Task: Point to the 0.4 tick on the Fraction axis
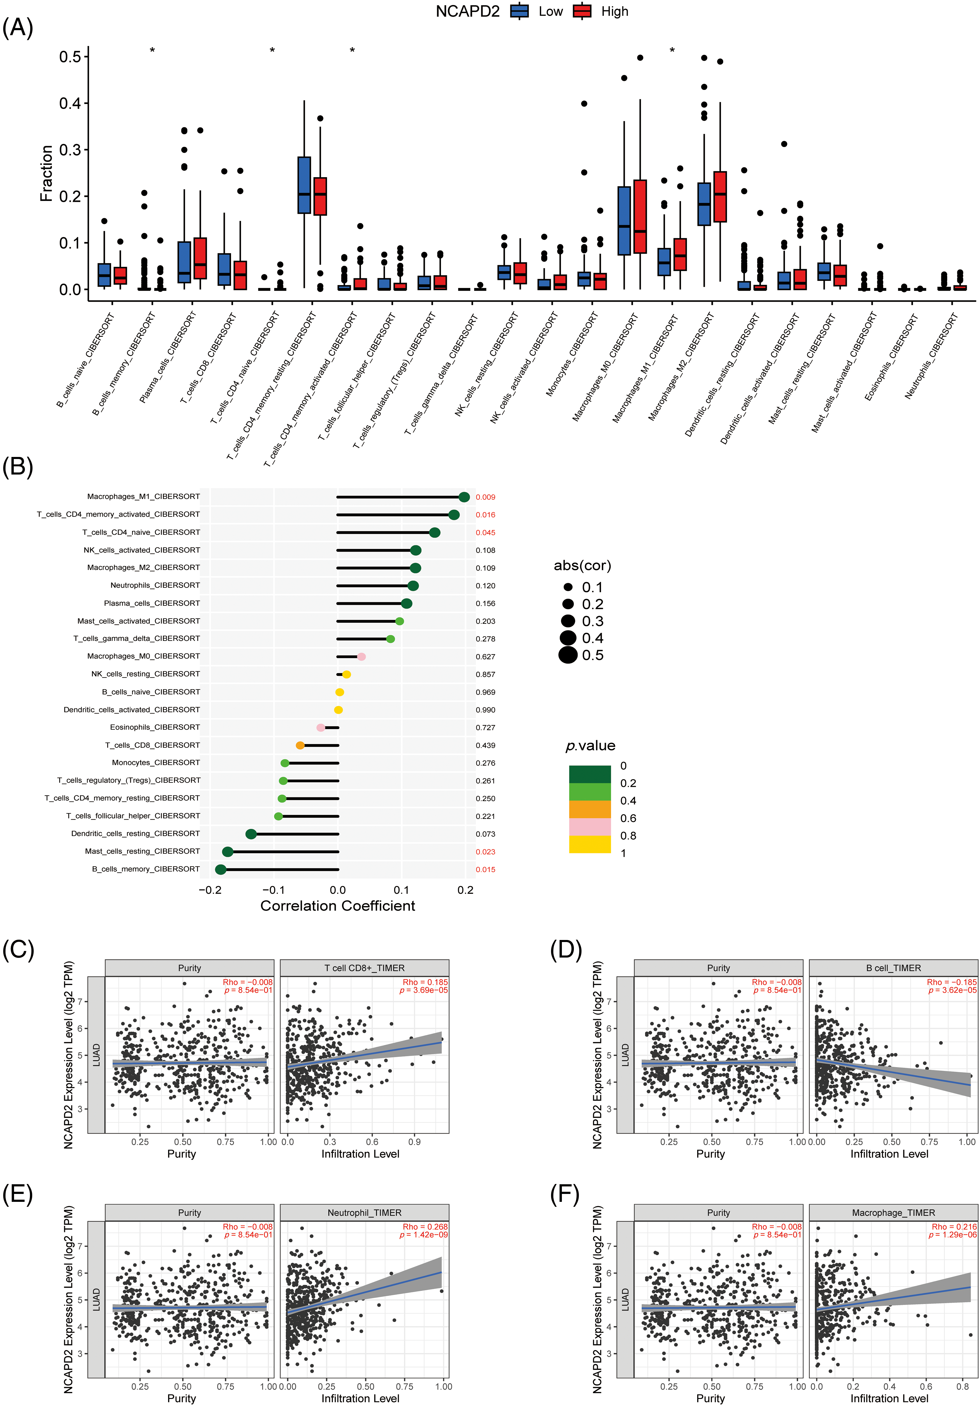point(70,103)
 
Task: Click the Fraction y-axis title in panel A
point(47,173)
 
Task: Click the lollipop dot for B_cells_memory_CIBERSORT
point(221,870)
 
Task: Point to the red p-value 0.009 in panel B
point(485,497)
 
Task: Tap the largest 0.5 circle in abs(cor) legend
point(568,655)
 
